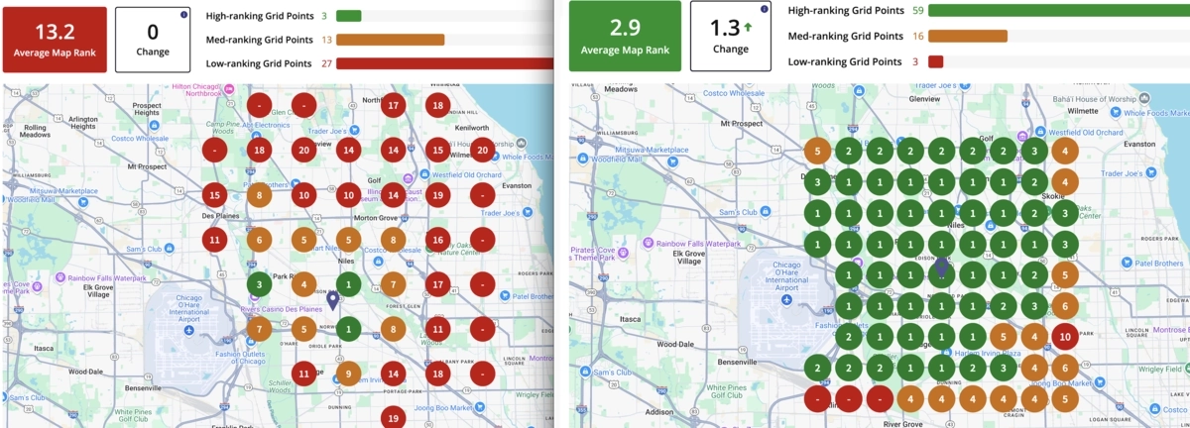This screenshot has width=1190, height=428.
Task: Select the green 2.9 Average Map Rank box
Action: pyautogui.click(x=624, y=36)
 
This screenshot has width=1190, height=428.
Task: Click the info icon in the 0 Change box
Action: pyautogui.click(x=184, y=15)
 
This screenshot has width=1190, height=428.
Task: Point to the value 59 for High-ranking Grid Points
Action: pyautogui.click(x=918, y=10)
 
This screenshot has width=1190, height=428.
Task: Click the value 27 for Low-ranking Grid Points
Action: pyautogui.click(x=326, y=63)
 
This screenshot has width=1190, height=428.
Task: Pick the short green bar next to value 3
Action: pyautogui.click(x=348, y=16)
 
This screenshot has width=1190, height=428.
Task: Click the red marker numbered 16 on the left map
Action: pyautogui.click(x=438, y=239)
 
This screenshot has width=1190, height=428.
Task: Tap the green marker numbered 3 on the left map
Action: pyautogui.click(x=259, y=285)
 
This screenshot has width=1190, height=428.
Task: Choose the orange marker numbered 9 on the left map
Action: pyautogui.click(x=348, y=374)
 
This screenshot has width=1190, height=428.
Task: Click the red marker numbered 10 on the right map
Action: pyautogui.click(x=1064, y=337)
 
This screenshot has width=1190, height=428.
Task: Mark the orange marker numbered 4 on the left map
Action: pyautogui.click(x=303, y=285)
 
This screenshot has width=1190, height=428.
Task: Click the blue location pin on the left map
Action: pyautogui.click(x=333, y=300)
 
